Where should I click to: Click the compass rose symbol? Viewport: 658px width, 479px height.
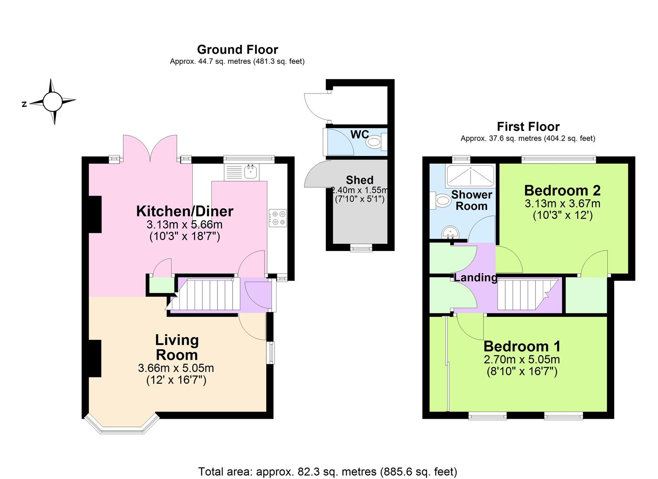pos(53,102)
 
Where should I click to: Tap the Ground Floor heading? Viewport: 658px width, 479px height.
pos(238,49)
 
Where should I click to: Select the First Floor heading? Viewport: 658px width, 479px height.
pos(528,126)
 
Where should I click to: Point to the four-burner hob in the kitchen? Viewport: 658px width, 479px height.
pos(277,218)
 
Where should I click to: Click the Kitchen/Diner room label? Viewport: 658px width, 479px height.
pos(184,211)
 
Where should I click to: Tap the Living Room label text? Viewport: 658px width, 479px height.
pos(176,347)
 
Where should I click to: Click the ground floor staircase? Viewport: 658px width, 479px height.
pos(206,294)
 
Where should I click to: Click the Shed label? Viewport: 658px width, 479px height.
pos(359,180)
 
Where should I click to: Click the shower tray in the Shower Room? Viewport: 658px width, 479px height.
pos(470,176)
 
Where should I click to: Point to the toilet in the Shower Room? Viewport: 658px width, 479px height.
pos(441,200)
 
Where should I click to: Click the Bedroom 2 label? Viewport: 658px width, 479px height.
pos(562,190)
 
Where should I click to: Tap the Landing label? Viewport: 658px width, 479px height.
pos(475,278)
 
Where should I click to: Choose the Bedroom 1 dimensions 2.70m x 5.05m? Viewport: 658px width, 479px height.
pos(522,359)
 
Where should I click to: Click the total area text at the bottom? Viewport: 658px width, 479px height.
pos(327,471)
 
